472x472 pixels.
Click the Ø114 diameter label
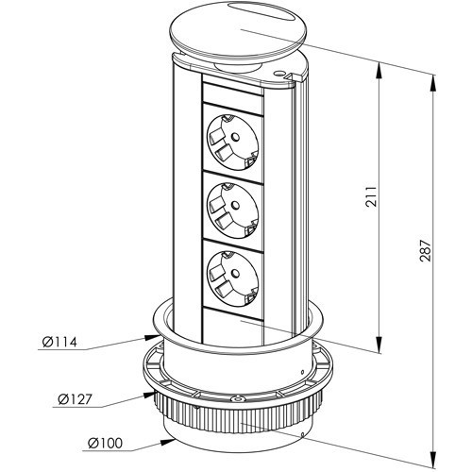pyautogui.click(x=59, y=342)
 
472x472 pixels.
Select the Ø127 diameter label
pyautogui.click(x=75, y=399)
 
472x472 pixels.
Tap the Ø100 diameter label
pyautogui.click(x=105, y=443)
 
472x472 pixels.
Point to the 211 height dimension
pyautogui.click(x=371, y=196)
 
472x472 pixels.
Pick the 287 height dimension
pyautogui.click(x=425, y=251)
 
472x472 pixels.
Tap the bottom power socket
pyautogui.click(x=232, y=277)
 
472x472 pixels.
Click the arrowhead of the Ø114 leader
pyautogui.click(x=152, y=337)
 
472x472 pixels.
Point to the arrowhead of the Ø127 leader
pyautogui.click(x=150, y=395)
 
